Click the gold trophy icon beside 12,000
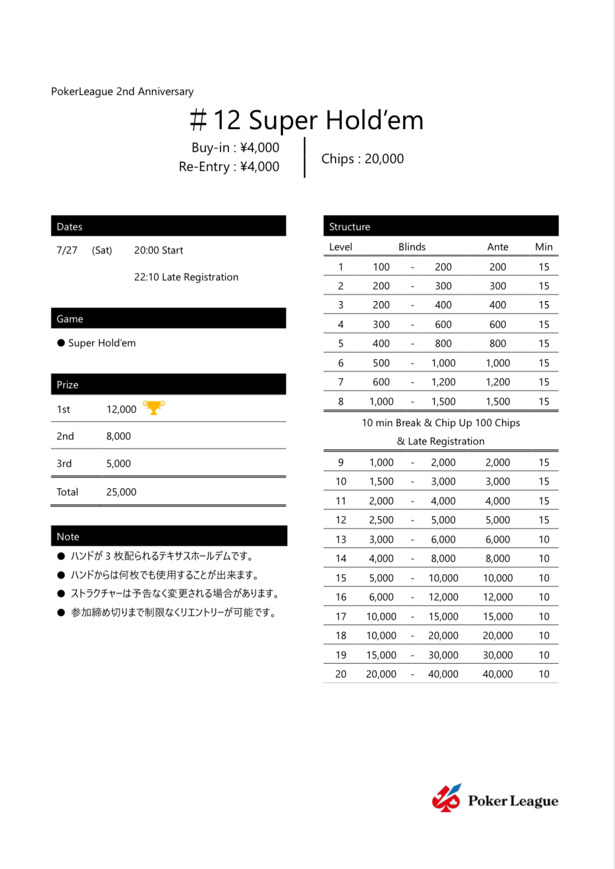pyautogui.click(x=154, y=408)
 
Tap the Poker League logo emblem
pyautogui.click(x=446, y=798)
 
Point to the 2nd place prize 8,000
pyautogui.click(x=118, y=436)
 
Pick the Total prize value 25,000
pyautogui.click(x=121, y=492)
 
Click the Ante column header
pyautogui.click(x=498, y=247)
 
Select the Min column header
pyautogui.click(x=544, y=247)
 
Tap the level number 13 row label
pyautogui.click(x=341, y=539)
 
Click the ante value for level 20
pyautogui.click(x=498, y=674)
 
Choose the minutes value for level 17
pyautogui.click(x=544, y=617)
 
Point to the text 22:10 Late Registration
pyautogui.click(x=186, y=277)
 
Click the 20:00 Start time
pyautogui.click(x=159, y=250)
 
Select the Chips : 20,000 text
pyautogui.click(x=363, y=159)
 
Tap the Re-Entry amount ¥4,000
pyautogui.click(x=260, y=166)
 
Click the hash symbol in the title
pyautogui.click(x=198, y=120)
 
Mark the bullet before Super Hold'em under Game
pyautogui.click(x=61, y=343)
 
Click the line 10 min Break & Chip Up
pyautogui.click(x=441, y=423)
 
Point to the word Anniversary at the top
pyautogui.click(x=166, y=92)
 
